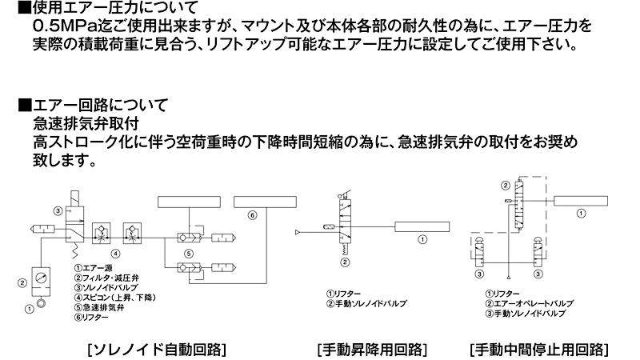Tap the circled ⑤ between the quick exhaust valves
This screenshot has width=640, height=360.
click(190, 254)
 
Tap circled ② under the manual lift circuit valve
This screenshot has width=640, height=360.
click(344, 262)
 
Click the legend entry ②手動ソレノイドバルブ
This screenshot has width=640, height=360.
click(366, 304)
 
